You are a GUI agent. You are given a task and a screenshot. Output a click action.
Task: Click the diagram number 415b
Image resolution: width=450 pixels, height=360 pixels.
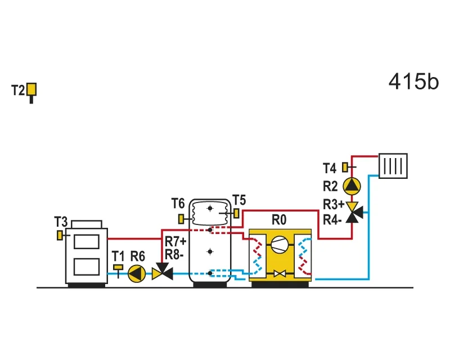pyautogui.click(x=413, y=82)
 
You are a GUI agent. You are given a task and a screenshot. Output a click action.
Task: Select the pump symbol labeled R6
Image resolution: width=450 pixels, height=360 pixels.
pyautogui.click(x=137, y=273)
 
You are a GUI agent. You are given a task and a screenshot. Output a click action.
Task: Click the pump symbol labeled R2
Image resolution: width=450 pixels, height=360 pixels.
pyautogui.click(x=352, y=186)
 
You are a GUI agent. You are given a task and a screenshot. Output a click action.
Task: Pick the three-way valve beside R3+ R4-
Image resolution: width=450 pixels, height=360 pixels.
pyautogui.click(x=353, y=213)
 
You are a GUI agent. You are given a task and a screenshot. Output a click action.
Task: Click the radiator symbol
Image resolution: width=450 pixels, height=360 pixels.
pyautogui.click(x=393, y=166)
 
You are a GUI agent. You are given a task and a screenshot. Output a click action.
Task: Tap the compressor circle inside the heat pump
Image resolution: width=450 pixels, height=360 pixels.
pyautogui.click(x=280, y=245)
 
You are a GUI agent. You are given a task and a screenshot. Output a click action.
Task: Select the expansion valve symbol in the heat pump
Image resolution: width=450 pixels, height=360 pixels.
pyautogui.click(x=280, y=273)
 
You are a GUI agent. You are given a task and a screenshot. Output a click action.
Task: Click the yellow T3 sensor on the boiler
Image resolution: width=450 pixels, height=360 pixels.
pyautogui.click(x=60, y=236)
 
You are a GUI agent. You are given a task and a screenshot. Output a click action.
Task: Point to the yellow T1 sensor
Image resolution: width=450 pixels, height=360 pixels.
pyautogui.click(x=118, y=267)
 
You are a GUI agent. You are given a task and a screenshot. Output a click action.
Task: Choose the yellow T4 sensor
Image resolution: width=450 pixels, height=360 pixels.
pyautogui.click(x=345, y=167)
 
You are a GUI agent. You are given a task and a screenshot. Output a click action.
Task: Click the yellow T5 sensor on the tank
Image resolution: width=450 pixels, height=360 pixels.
pyautogui.click(x=236, y=213)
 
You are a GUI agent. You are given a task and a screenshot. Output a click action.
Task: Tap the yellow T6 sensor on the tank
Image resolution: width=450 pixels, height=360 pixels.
pyautogui.click(x=181, y=219)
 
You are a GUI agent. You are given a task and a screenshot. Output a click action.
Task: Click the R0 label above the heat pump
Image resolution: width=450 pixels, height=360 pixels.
pyautogui.click(x=279, y=220)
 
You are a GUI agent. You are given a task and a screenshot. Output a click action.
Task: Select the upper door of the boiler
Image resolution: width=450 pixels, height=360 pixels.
pyautogui.click(x=87, y=241)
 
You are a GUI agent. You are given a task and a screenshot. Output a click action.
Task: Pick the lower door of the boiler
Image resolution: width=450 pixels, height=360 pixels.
pyautogui.click(x=87, y=267)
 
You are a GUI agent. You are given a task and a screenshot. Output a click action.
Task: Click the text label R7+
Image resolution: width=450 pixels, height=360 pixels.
pyautogui.click(x=175, y=241)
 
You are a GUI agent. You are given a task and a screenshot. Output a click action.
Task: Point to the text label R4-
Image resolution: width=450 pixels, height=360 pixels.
pyautogui.click(x=332, y=220)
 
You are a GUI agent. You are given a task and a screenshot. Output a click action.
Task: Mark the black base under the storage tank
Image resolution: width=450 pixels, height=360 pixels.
pyautogui.click(x=210, y=285)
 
